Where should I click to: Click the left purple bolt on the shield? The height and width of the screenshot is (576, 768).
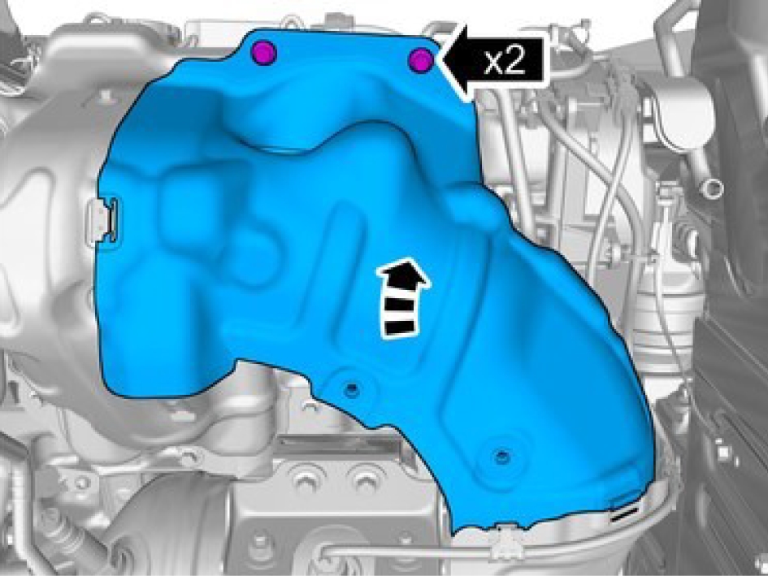[x=263, y=52]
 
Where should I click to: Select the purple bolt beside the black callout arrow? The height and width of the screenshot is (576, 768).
[x=421, y=60]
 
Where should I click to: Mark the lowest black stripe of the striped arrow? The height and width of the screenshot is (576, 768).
[x=400, y=327]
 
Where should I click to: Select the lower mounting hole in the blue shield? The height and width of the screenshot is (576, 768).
[x=501, y=457]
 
